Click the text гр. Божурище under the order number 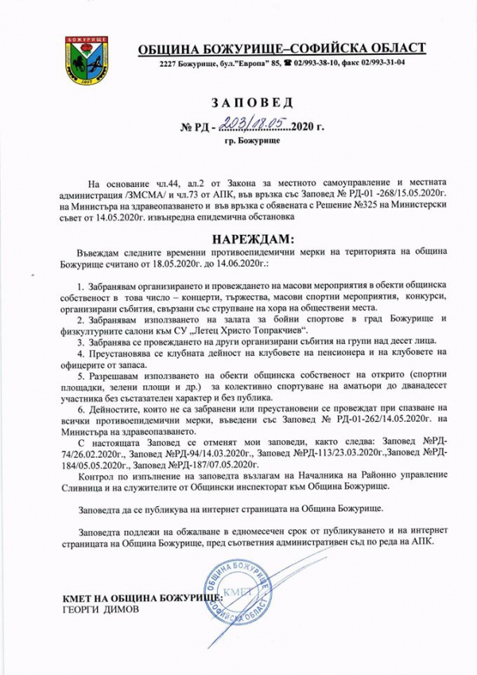tap(250, 139)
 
